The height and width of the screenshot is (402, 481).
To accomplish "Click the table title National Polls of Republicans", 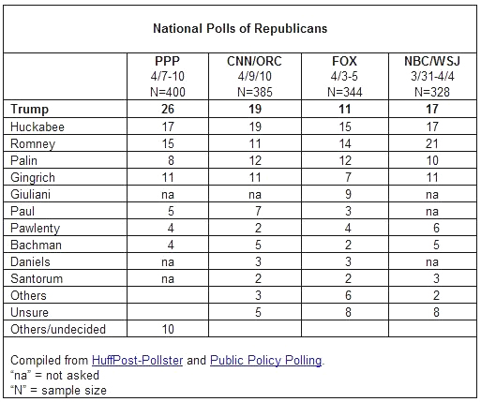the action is tap(240, 28).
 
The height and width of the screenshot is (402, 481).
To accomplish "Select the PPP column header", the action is tap(168, 61).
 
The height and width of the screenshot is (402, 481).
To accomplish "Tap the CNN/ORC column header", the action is tap(254, 61).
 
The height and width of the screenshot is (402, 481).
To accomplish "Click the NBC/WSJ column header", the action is tap(432, 61).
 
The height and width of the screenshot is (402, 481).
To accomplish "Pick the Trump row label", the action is tap(29, 109).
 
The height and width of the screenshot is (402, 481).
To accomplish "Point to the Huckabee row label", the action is tap(38, 127).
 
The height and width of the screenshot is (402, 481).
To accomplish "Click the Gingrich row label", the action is tap(33, 177).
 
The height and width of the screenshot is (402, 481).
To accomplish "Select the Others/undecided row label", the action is tap(58, 329).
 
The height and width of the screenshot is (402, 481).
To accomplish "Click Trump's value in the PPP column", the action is tap(168, 109).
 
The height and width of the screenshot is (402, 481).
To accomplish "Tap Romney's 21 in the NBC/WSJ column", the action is tap(432, 143).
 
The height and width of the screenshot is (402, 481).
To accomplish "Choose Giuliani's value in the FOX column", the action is tap(348, 194).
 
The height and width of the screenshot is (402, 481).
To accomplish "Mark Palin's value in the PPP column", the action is tap(171, 160).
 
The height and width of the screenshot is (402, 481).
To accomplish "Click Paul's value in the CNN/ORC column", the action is tap(258, 211).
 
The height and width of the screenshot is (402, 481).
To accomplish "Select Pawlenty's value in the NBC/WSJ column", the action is tap(436, 228).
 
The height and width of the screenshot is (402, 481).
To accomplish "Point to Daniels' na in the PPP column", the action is tap(168, 262).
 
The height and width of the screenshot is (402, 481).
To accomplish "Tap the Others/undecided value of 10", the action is tap(168, 329).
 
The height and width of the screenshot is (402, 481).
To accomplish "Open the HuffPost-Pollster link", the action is tap(137, 361).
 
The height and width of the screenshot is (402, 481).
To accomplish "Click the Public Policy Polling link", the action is tap(266, 361).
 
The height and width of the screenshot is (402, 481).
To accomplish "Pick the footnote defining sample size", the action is tap(58, 390).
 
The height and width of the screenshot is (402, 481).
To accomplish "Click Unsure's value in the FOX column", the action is tap(348, 312).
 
